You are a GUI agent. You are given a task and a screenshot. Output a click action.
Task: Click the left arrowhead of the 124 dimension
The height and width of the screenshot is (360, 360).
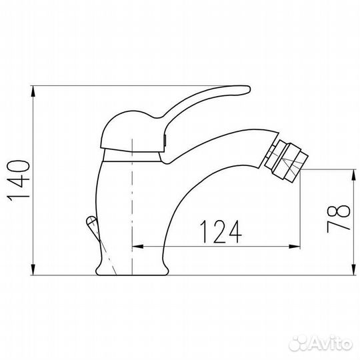[x=139, y=245]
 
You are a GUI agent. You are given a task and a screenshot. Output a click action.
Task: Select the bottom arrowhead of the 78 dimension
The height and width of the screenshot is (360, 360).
[x=352, y=269]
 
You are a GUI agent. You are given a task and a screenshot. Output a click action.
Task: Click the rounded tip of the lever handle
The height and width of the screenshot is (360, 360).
[x=245, y=87]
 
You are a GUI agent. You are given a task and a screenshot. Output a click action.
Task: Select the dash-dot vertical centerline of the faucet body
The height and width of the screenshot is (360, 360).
[x=134, y=200]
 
